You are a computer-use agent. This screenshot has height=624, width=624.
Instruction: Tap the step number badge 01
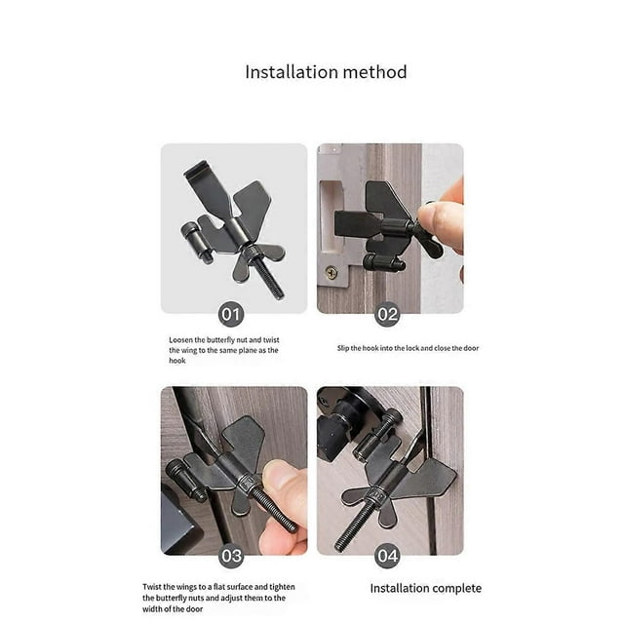pyautogui.click(x=231, y=314)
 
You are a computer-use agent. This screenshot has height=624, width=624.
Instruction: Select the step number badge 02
pyautogui.click(x=387, y=314)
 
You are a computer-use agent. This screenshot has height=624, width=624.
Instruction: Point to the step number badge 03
pyautogui.click(x=231, y=556)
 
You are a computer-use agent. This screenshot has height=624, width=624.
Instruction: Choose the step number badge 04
pyautogui.click(x=387, y=556)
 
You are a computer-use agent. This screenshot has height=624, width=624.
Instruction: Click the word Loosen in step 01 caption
pyautogui.click(x=180, y=340)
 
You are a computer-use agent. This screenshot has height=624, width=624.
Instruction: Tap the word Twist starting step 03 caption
pyautogui.click(x=152, y=587)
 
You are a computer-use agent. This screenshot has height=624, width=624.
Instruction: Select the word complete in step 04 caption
pyautogui.click(x=457, y=588)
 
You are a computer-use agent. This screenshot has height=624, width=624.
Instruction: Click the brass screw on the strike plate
pyautogui.click(x=331, y=273)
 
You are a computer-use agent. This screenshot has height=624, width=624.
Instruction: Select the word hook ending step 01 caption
pyautogui.click(x=177, y=361)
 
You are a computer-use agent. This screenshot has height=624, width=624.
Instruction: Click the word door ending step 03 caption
pyautogui.click(x=194, y=608)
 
